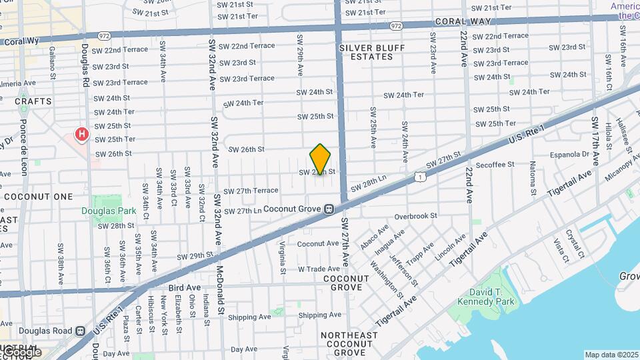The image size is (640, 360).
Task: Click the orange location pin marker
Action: pos(320,159)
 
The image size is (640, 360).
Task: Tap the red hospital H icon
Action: pos(81,135)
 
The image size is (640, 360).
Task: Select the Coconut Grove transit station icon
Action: pos(329,209)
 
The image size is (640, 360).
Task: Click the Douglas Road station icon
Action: pos(80,331)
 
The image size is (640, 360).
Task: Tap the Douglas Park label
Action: pos(109,211)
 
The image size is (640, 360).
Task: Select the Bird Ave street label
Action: pos(185,287)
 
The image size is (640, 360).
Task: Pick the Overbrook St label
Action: pos(415,216)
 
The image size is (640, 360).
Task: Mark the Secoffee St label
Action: pos(494,164)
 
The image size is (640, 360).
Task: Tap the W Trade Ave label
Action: pos(319,269)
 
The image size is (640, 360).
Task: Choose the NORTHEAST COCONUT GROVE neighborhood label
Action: pos(349,343)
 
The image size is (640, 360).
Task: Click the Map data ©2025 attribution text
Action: pos(611,355)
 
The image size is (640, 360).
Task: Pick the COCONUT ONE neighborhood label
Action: pos(38,197)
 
